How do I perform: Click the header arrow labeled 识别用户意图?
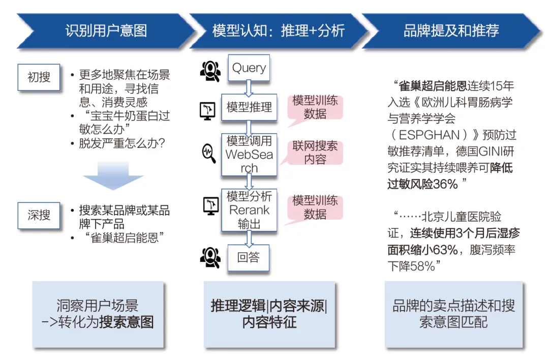(106, 31)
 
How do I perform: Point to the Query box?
(249, 68)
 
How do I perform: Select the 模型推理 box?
(249, 107)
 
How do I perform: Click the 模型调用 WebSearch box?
(249, 154)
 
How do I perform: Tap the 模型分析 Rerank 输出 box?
(249, 209)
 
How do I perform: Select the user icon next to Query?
(209, 71)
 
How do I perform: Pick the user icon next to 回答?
(209, 257)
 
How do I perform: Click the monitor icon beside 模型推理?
(209, 109)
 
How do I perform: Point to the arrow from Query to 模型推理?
(249, 87)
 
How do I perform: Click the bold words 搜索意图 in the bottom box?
(127, 322)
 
